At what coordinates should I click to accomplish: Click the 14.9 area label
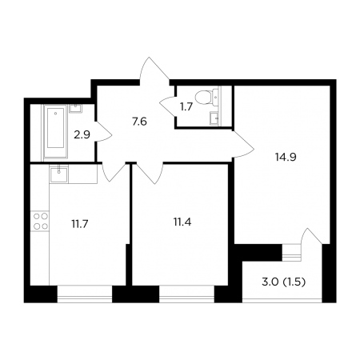286,158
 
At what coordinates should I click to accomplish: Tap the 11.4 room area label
182,222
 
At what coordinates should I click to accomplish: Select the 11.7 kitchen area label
80,224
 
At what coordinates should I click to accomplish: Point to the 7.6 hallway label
139,122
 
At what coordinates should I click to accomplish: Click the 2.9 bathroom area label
82,135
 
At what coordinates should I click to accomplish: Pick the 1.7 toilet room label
186,107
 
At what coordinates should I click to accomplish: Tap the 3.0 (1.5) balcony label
283,282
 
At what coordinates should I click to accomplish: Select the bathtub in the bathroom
55,132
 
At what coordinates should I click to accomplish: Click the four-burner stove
40,221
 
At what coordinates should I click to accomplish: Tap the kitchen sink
58,174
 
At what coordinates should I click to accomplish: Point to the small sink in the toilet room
214,118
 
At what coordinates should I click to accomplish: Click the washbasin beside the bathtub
76,108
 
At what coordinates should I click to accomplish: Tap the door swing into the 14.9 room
243,145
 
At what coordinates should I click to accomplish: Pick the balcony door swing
311,238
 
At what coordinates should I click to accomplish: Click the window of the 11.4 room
186,294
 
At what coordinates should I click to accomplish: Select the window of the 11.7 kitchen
85,294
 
